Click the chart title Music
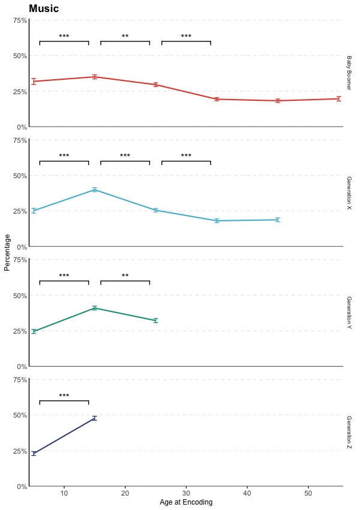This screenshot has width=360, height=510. (x=44, y=8)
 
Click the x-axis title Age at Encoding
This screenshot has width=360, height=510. (x=186, y=503)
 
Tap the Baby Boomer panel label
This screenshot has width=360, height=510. (x=349, y=73)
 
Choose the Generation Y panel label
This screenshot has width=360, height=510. (x=349, y=313)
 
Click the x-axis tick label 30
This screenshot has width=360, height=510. (x=186, y=493)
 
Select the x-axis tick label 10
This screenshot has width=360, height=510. (x=64, y=493)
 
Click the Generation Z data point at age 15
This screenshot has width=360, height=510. (x=95, y=418)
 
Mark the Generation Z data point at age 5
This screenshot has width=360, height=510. (x=34, y=453)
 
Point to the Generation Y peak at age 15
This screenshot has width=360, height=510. (x=95, y=308)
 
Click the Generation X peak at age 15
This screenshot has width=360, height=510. (x=95, y=190)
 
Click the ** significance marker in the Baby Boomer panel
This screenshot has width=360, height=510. (x=125, y=37)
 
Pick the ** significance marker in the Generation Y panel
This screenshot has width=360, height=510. (x=125, y=276)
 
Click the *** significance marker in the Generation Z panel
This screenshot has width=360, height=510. (x=64, y=396)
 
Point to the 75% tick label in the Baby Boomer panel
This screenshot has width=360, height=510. (x=20, y=20)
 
